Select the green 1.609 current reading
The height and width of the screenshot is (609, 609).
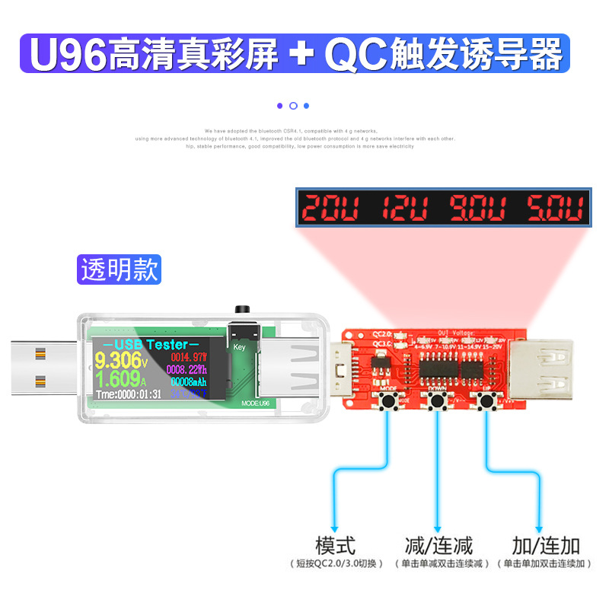point(115,378)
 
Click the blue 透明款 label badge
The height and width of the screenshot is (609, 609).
point(120,270)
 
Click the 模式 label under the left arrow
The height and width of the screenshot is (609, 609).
point(335,545)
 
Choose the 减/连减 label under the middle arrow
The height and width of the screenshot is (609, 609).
point(438,545)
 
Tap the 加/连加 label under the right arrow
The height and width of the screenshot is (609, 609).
point(546,545)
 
